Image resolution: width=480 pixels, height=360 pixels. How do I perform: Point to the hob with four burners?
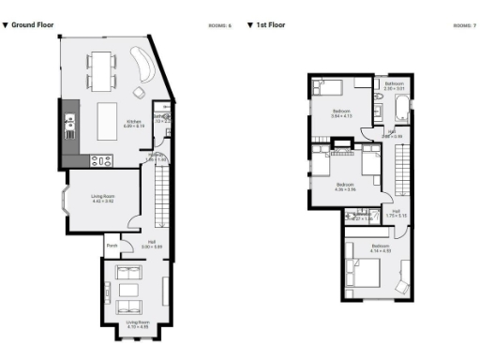(x=101, y=160)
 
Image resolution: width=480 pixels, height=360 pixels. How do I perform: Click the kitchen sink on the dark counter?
(x=69, y=121)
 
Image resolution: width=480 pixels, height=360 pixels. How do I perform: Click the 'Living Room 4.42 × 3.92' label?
(x=101, y=198)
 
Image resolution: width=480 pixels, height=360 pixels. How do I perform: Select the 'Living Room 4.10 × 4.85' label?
(x=137, y=325)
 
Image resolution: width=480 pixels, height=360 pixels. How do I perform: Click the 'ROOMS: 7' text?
(x=464, y=24)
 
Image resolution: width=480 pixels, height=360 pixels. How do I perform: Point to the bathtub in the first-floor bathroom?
(x=396, y=110)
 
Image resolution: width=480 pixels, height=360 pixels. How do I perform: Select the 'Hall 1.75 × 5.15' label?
(x=397, y=214)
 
